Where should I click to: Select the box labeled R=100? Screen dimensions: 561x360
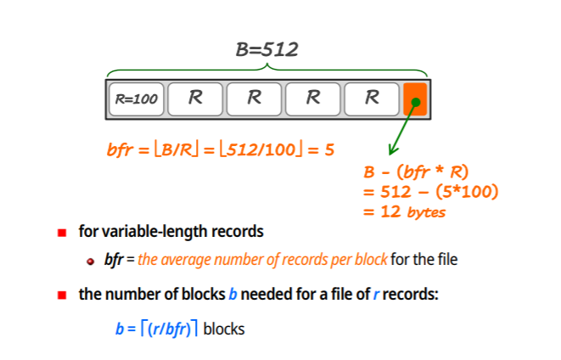[x=136, y=98]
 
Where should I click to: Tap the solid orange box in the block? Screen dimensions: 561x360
[x=415, y=99]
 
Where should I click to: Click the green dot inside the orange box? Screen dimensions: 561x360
[x=416, y=104]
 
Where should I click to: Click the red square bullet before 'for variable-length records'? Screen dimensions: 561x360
[x=62, y=232]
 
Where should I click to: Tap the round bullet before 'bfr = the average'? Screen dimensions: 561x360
[x=91, y=260]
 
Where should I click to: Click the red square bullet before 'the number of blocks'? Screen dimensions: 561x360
[x=62, y=295]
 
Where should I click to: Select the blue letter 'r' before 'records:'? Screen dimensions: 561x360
[x=376, y=295]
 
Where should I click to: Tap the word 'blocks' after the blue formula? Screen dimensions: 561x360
[x=223, y=328]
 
